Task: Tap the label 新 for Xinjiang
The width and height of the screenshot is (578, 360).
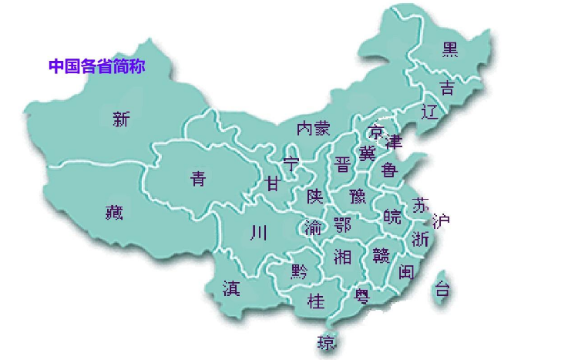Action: [122, 119]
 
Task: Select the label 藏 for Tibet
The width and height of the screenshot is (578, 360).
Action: [114, 212]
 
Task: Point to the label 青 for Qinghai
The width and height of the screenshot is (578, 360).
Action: [198, 179]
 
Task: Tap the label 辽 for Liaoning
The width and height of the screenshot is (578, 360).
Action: [430, 112]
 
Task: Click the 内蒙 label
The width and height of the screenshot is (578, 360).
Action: [313, 127]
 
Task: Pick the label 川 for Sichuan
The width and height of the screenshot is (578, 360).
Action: [258, 231]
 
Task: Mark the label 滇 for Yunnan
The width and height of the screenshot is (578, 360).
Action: [230, 288]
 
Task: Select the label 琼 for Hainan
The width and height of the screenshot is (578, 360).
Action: [327, 341]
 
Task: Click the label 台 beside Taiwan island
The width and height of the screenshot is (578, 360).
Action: [442, 291]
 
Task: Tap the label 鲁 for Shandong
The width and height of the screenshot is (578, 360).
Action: [388, 170]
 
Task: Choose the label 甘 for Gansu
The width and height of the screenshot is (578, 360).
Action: [273, 183]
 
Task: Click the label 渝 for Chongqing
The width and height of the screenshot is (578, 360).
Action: [313, 227]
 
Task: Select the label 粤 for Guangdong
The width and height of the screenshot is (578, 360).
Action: [361, 294]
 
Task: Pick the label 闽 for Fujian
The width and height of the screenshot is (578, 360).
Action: [407, 271]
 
